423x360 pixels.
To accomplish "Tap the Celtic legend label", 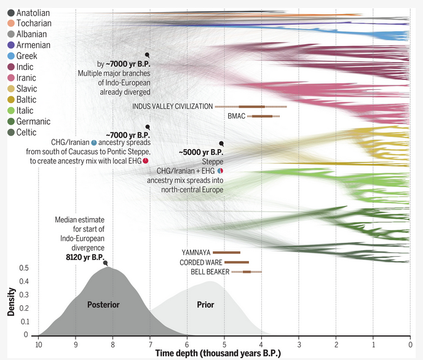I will pos(27,132).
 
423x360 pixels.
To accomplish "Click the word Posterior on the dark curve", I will pos(103,305).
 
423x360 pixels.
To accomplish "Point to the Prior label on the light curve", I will pos(205,305).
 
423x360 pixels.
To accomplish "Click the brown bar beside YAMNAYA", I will pos(226,252).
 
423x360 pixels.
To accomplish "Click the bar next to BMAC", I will pos(263,116).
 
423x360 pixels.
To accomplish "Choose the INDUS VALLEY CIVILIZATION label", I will pos(173,106).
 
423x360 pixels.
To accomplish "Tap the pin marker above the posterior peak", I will pos(106,263).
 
